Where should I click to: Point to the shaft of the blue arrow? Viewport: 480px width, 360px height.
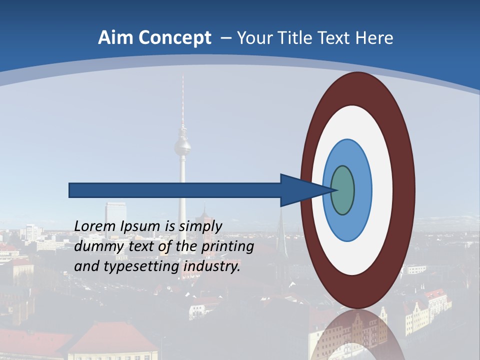[175, 190]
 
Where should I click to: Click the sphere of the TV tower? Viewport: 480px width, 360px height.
[182, 146]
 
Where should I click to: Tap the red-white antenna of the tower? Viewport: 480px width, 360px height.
[182, 100]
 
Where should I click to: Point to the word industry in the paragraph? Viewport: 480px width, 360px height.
[211, 267]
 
